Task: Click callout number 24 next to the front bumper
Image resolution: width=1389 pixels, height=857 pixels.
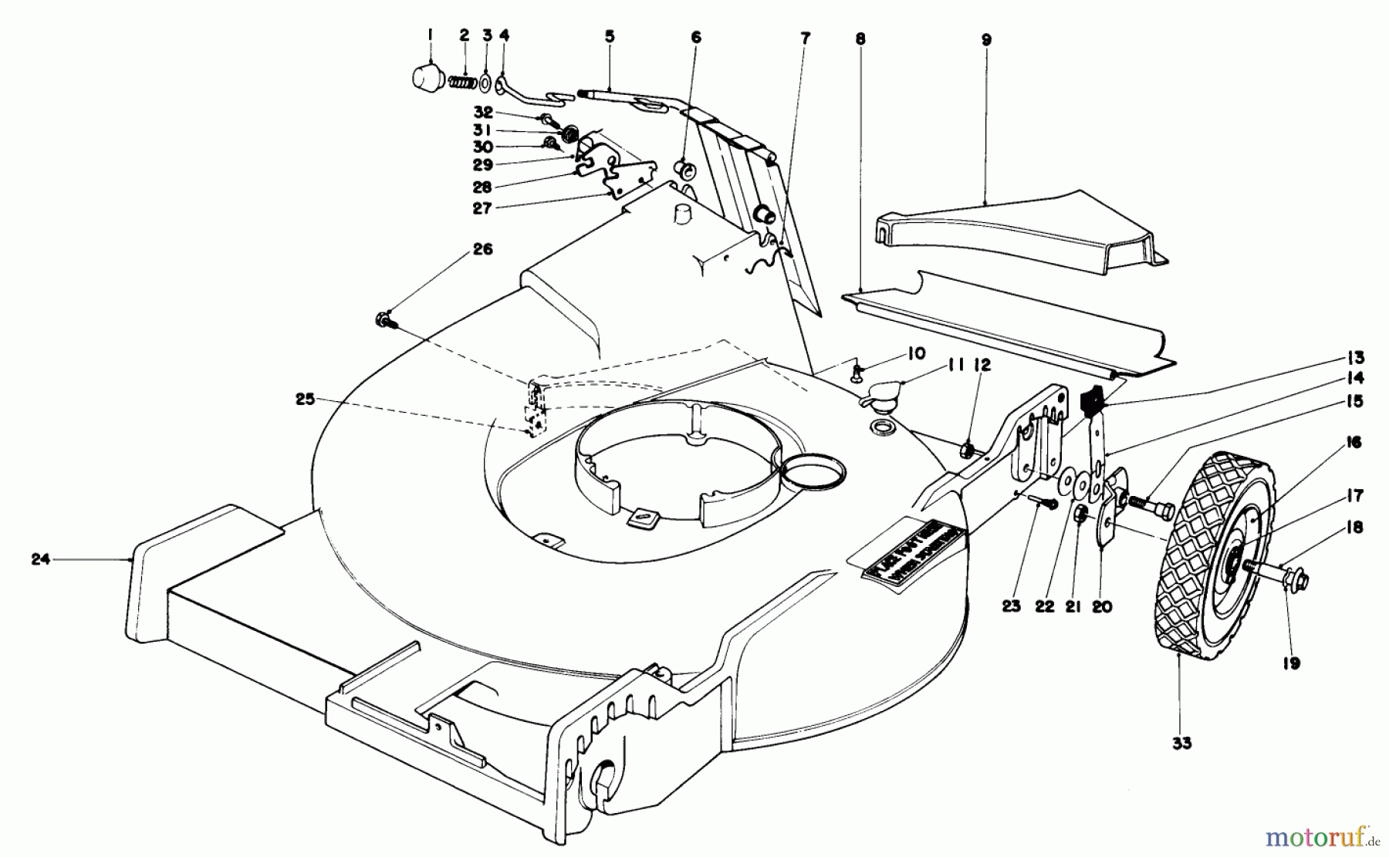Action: pyautogui.click(x=40, y=559)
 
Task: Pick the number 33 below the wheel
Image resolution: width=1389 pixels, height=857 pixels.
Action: pyautogui.click(x=1181, y=743)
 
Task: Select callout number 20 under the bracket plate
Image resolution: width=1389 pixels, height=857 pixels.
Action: pyautogui.click(x=1102, y=607)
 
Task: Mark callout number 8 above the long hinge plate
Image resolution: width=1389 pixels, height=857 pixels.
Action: pyautogui.click(x=860, y=39)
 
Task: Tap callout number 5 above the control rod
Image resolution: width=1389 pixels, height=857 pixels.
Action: pyautogui.click(x=610, y=36)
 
